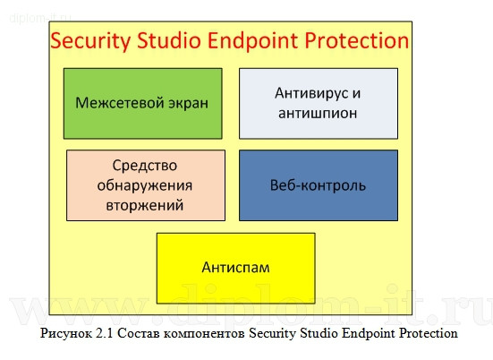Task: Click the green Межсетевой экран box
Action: coord(142,103)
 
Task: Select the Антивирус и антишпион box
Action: coord(318,103)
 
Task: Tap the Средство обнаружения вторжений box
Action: coord(146,185)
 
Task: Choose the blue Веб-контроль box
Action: coord(318,185)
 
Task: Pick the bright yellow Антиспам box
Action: coord(235,268)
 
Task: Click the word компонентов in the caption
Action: coord(204,334)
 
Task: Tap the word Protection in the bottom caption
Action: coord(427,334)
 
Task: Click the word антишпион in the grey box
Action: coord(318,113)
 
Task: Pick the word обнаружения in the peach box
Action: coord(146,185)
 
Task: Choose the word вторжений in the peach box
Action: coord(146,204)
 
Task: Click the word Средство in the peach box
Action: coord(146,167)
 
